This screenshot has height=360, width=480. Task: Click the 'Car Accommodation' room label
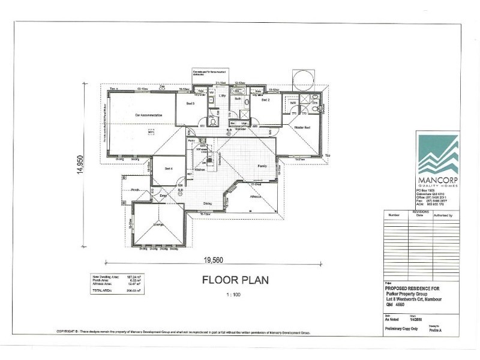pyautogui.click(x=146, y=113)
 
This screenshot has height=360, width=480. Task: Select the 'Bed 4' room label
pyautogui.click(x=169, y=169)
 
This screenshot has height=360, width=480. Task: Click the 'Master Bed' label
pyautogui.click(x=302, y=128)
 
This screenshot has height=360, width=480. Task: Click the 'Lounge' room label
pyautogui.click(x=159, y=225)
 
